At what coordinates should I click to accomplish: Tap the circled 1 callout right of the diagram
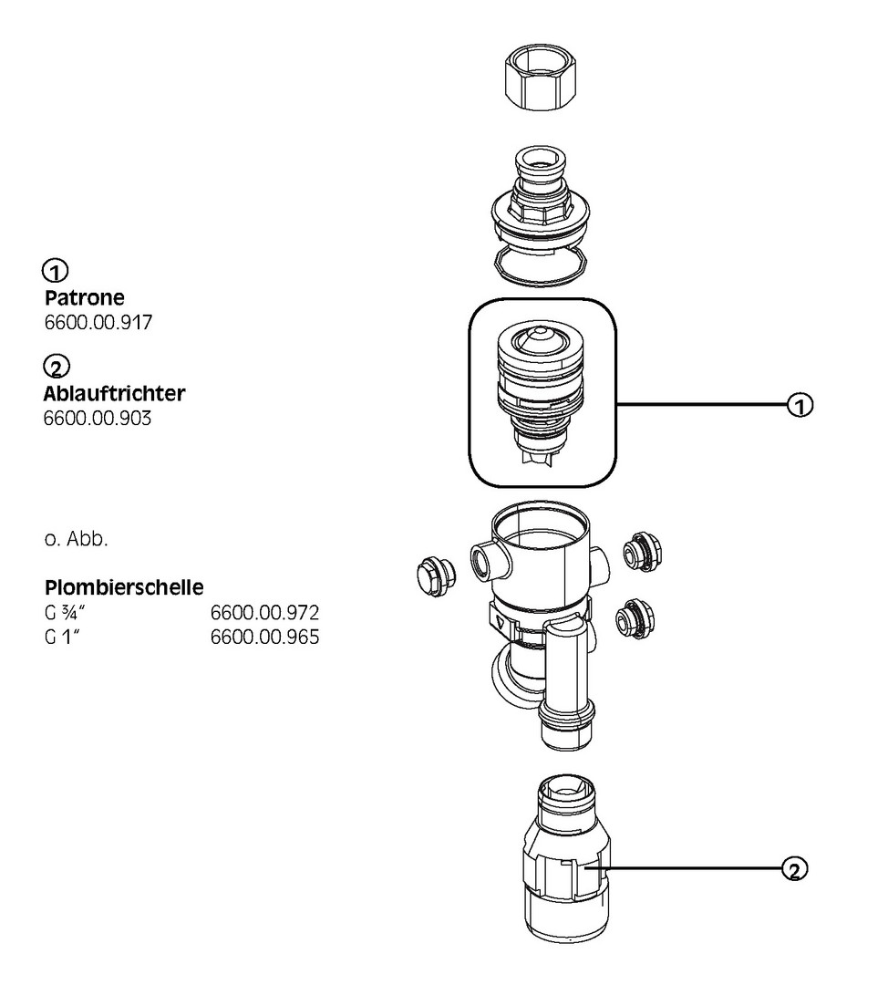800,404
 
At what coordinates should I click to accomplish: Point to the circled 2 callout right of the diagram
795,869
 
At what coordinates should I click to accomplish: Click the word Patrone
85,298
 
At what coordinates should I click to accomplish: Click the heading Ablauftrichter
114,395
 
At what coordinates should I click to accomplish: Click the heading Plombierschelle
123,586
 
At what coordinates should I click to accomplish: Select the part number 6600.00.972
264,611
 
